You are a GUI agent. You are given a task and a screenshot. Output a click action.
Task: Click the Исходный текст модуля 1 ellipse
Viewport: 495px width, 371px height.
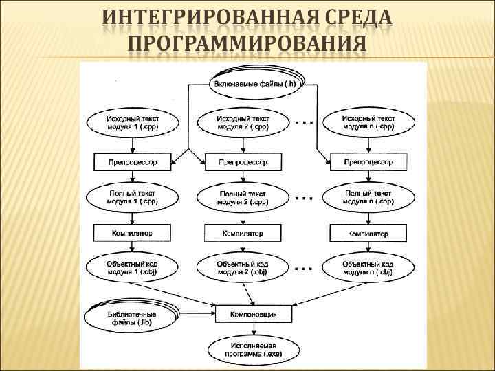[x=132, y=123]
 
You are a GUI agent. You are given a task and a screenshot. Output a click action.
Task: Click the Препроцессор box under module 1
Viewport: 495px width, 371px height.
[x=132, y=162]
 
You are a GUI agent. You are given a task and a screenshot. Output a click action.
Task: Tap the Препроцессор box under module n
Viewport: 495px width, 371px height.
[x=367, y=162]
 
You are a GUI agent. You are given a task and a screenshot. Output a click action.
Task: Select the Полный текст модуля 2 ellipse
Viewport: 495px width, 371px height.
[x=243, y=198]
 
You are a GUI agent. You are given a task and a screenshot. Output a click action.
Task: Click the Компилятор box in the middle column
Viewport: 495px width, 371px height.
[x=243, y=234]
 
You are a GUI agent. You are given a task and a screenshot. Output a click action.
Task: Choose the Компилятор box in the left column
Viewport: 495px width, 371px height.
[x=132, y=234]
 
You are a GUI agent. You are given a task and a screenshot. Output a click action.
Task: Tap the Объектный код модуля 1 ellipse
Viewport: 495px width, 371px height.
[x=132, y=268]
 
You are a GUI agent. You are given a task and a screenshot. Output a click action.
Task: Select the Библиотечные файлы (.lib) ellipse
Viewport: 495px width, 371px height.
[x=131, y=318]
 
